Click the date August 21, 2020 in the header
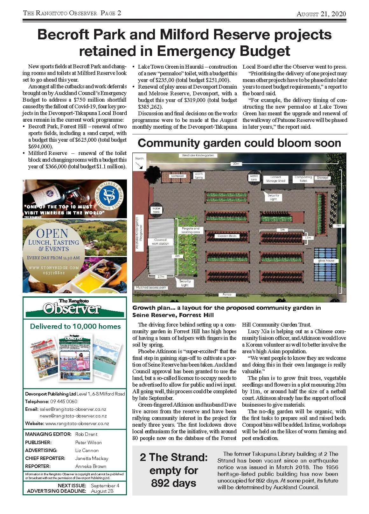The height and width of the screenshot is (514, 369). coord(321,14)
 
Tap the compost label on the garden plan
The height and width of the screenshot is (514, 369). coord(177,176)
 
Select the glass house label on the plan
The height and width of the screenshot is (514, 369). coord(326,261)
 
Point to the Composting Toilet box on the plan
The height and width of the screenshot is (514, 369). coord(303,179)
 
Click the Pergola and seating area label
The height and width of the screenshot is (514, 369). coord(191,230)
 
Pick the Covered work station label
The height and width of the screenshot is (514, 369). coord(160,242)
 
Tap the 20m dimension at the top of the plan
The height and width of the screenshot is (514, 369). coord(235,164)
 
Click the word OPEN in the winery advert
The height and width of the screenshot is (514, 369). coord(52,233)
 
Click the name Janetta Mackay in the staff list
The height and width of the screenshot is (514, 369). coord(92,458)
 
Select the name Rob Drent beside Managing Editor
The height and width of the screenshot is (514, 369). coord(86,434)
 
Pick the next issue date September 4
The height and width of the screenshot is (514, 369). coord(105,486)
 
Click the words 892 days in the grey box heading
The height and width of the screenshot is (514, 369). coord(173,483)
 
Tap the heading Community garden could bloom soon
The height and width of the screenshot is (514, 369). coord(239,143)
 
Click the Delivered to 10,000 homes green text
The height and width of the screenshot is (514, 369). coord(75,326)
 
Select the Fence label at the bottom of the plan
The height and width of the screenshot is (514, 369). coord(227,294)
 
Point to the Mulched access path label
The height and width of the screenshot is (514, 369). coord(151,287)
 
